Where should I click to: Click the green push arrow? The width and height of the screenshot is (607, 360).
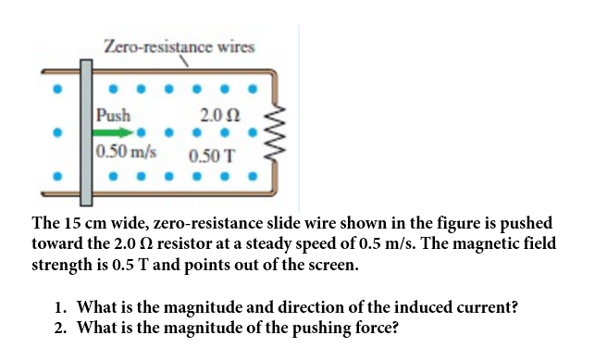[113, 132]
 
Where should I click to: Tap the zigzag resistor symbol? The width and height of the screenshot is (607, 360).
[275, 132]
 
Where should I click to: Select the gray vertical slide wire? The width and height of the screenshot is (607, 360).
[86, 132]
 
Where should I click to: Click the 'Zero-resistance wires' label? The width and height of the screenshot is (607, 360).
[180, 47]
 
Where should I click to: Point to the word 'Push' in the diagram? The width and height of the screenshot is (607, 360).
[114, 115]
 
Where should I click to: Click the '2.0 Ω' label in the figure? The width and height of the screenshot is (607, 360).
[220, 115]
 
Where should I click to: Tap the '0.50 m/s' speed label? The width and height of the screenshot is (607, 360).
[126, 152]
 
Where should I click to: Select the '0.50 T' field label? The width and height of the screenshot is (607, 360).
[212, 156]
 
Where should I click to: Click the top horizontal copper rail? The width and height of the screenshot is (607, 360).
[158, 71]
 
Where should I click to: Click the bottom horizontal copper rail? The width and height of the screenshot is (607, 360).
[158, 193]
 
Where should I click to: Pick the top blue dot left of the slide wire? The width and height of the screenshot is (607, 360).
[57, 89]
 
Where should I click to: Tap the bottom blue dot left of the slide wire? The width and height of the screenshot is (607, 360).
[57, 176]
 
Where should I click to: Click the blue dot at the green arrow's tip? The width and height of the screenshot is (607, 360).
[141, 132]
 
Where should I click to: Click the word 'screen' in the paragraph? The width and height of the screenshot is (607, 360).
[331, 266]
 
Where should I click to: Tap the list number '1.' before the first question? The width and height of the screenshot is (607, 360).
[60, 308]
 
